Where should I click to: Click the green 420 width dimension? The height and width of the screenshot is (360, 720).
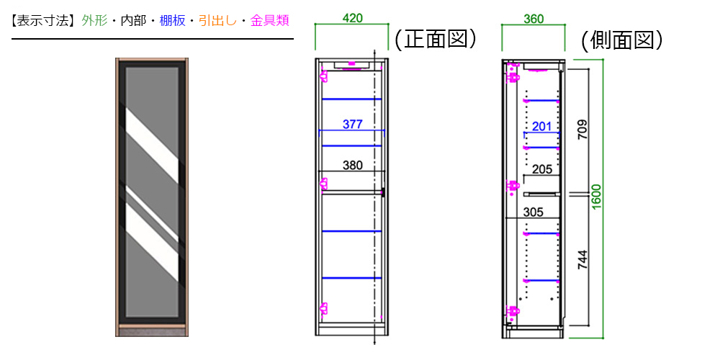(x=352, y=18)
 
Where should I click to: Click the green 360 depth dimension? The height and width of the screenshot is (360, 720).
(x=534, y=19)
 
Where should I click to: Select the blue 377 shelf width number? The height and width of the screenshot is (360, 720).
(x=353, y=124)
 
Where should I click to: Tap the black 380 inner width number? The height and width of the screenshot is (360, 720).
(x=353, y=166)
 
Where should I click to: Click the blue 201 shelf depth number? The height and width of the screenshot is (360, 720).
(x=541, y=127)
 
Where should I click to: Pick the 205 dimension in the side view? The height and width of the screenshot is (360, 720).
(x=542, y=169)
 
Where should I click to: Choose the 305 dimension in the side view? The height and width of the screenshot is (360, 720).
(x=533, y=212)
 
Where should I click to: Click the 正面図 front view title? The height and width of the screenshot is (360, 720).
(x=434, y=40)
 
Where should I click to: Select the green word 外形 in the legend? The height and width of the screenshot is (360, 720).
(x=94, y=21)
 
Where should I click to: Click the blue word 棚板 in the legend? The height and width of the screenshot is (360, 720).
(x=173, y=21)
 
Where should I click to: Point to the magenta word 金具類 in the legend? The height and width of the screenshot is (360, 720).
(x=269, y=21)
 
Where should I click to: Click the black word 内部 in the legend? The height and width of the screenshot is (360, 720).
(x=134, y=21)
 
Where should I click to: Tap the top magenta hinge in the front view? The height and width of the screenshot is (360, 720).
(x=324, y=75)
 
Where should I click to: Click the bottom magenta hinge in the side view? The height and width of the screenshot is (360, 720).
(x=512, y=312)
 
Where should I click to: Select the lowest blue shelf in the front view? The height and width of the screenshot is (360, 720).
(x=352, y=278)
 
